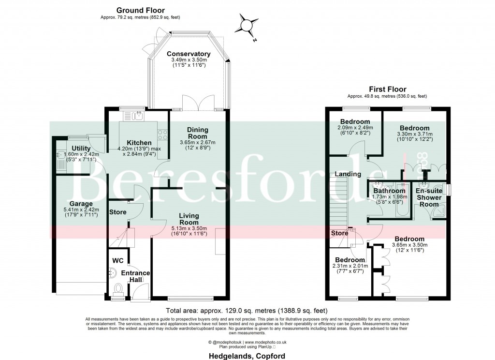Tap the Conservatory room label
tap(189, 54)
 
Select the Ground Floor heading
tap(140, 10)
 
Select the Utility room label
tap(81, 148)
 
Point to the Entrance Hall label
tap(135, 273)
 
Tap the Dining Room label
tap(198, 133)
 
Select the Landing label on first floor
tap(349, 174)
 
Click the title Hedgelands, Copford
tap(247, 356)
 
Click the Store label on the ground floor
tap(117, 212)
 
